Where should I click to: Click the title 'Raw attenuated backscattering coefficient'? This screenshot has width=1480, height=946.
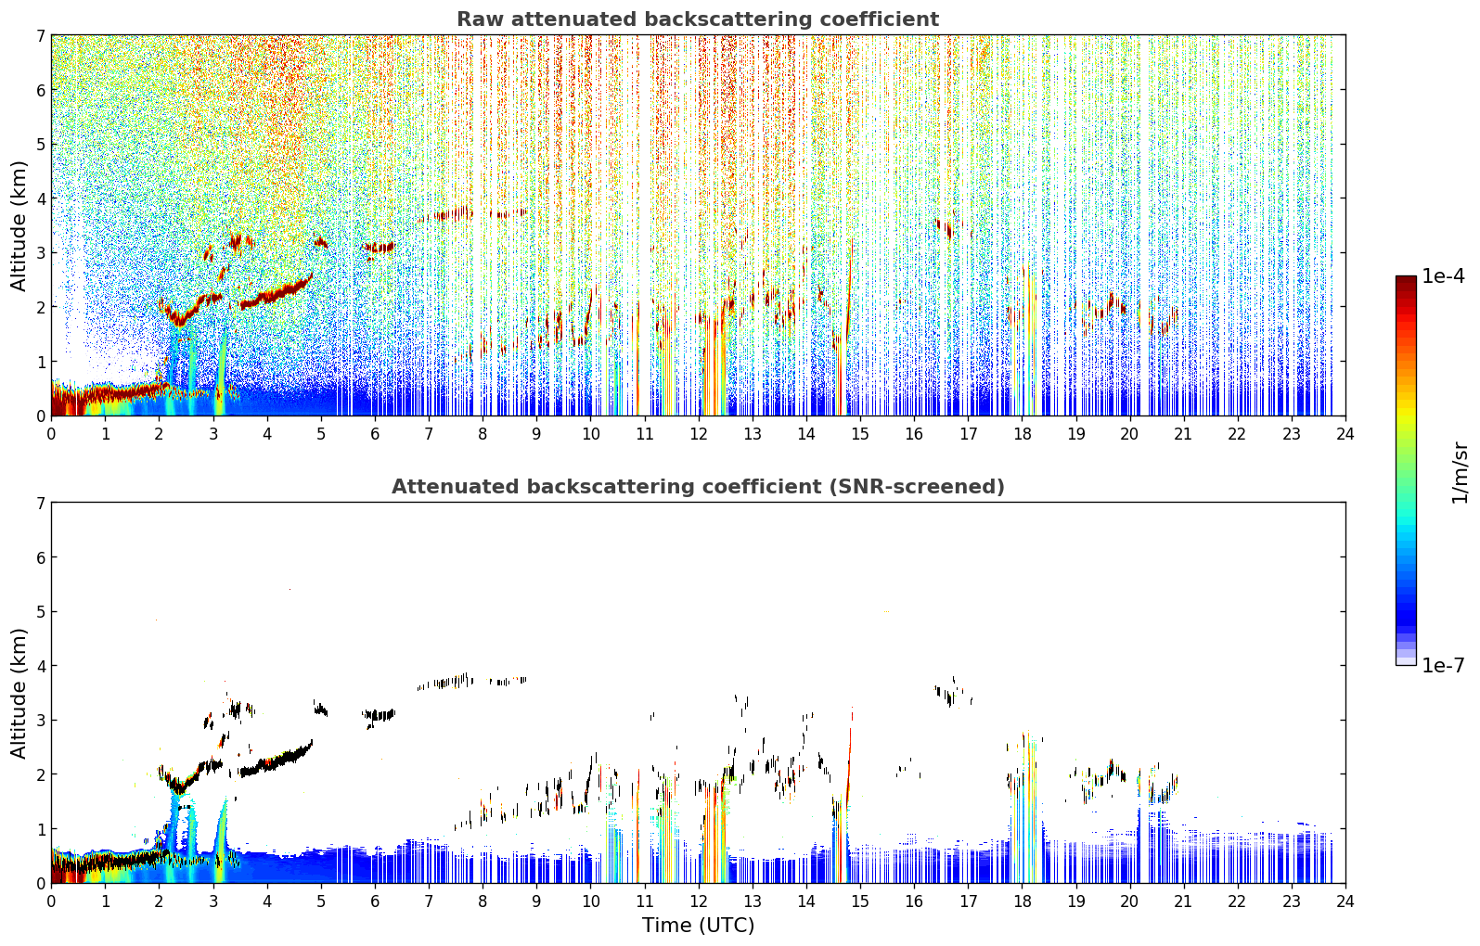698,19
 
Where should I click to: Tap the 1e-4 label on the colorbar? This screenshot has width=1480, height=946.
1443,276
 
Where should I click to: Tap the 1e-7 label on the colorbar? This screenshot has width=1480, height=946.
1443,665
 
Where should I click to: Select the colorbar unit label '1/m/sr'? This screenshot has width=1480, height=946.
1460,473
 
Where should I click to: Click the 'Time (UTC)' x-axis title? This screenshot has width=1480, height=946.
698,926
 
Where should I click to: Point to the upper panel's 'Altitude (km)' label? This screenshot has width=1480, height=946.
19,225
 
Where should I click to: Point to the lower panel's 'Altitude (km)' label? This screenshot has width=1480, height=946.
19,693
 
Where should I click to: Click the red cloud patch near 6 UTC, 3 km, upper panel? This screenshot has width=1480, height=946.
379,248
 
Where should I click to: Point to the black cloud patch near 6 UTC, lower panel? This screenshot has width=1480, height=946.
379,715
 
